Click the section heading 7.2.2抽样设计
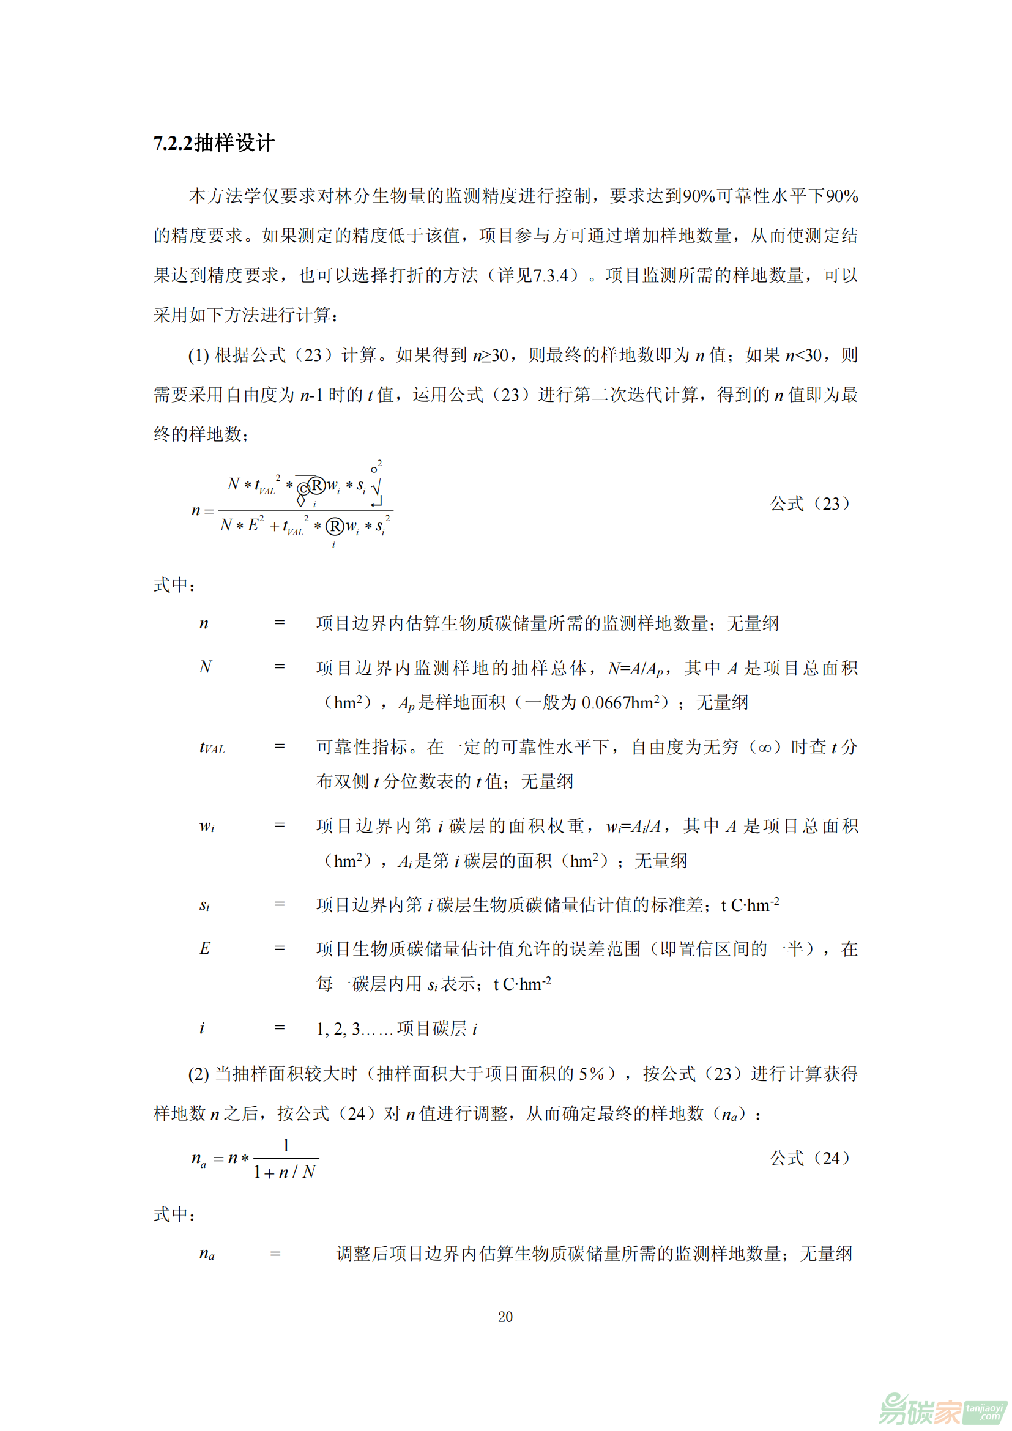pos(214,143)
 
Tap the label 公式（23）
pos(809,504)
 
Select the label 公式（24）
pos(809,1159)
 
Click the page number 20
pos(505,1317)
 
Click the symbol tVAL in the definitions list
pos(211,747)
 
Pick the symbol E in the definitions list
pos(204,949)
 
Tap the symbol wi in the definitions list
pos(206,827)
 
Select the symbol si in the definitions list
pos(204,905)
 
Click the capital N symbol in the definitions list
pos(205,667)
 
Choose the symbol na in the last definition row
pos(206,1254)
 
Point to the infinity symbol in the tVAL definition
pos(765,747)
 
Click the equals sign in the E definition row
pos(280,949)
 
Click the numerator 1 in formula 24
pos(286,1145)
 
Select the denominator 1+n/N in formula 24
pos(285,1172)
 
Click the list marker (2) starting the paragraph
pos(198,1074)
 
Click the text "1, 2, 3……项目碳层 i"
pos(396,1028)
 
